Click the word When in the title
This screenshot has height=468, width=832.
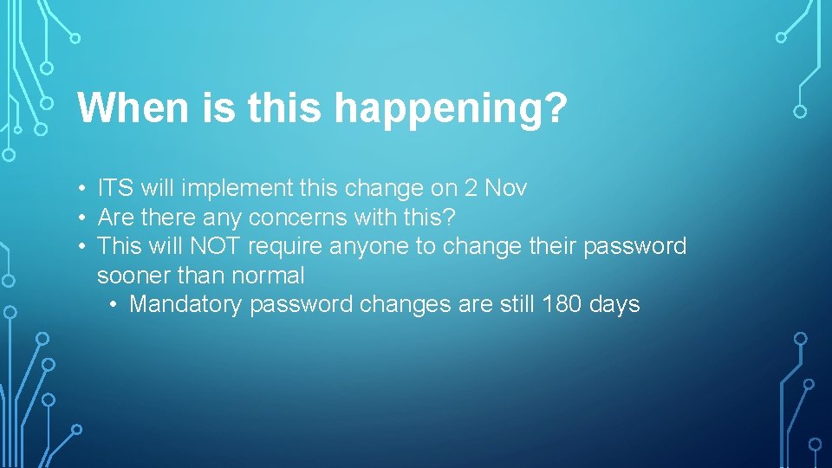(x=130, y=109)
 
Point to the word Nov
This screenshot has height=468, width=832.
(x=506, y=187)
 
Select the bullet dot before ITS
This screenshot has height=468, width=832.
(x=80, y=188)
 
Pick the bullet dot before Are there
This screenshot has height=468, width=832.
(x=80, y=218)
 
